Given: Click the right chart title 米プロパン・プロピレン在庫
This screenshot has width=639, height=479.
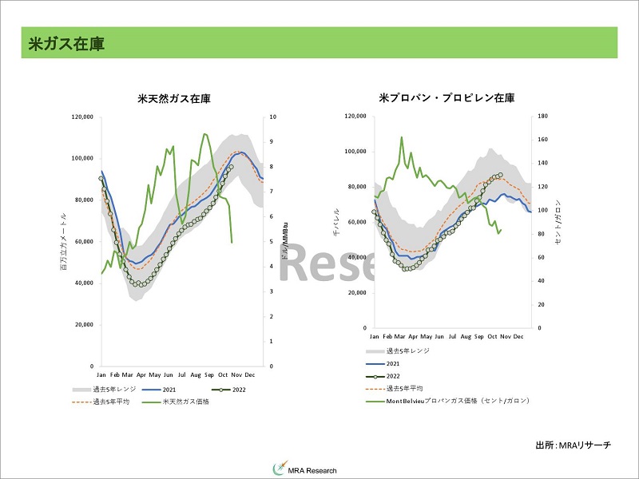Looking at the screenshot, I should (x=447, y=98).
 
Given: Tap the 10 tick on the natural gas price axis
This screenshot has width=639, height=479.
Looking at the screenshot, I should (x=274, y=117).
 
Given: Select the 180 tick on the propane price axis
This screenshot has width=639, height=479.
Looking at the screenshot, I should (x=542, y=117).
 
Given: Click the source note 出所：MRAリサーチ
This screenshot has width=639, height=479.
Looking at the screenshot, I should (x=573, y=444).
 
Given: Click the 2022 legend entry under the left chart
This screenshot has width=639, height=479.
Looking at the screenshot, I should (x=235, y=389).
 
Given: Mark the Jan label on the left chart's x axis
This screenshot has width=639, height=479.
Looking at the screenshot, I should (x=101, y=374).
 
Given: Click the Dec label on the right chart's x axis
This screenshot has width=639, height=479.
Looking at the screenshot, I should (x=518, y=337).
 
